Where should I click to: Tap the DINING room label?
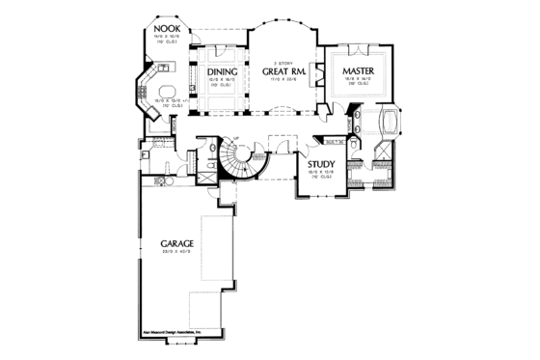click(222, 70)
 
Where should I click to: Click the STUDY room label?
click(321, 164)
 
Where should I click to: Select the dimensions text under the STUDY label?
click(320, 173)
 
